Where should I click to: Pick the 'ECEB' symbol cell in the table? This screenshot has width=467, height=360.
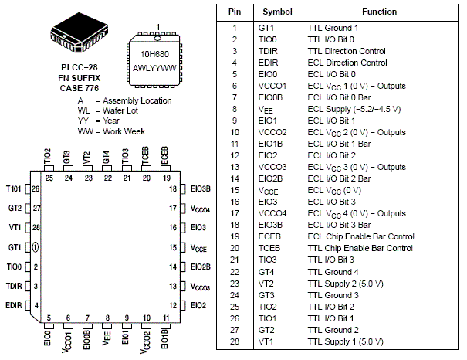(270, 236)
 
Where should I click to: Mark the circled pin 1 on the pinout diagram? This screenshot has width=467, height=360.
(36, 247)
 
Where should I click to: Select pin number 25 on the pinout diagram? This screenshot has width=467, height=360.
(49, 178)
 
